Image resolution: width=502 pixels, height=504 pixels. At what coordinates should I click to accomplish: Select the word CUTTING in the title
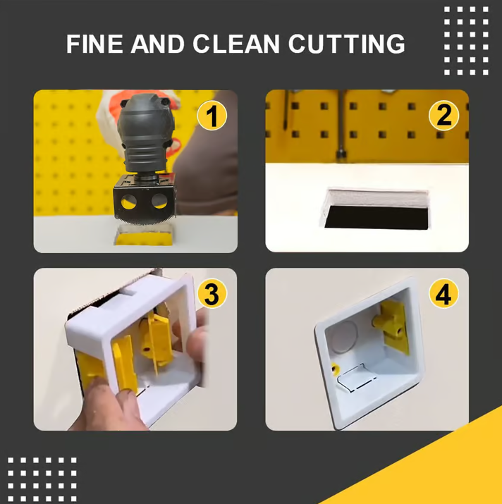(346, 44)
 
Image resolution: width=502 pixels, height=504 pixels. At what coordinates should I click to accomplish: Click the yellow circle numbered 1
(212, 116)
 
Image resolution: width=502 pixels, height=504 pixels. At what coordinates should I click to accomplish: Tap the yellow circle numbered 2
(443, 116)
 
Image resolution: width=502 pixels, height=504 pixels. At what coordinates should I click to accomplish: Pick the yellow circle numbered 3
(212, 294)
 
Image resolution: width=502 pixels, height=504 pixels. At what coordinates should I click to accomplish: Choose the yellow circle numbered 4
(443, 294)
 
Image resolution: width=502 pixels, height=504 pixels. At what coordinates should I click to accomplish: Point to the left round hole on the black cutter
(128, 202)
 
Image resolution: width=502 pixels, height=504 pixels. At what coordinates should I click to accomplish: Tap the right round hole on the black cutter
(159, 201)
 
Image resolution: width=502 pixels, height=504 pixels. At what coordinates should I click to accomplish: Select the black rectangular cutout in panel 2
(376, 218)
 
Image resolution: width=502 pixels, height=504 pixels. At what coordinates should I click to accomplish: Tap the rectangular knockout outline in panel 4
(356, 379)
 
